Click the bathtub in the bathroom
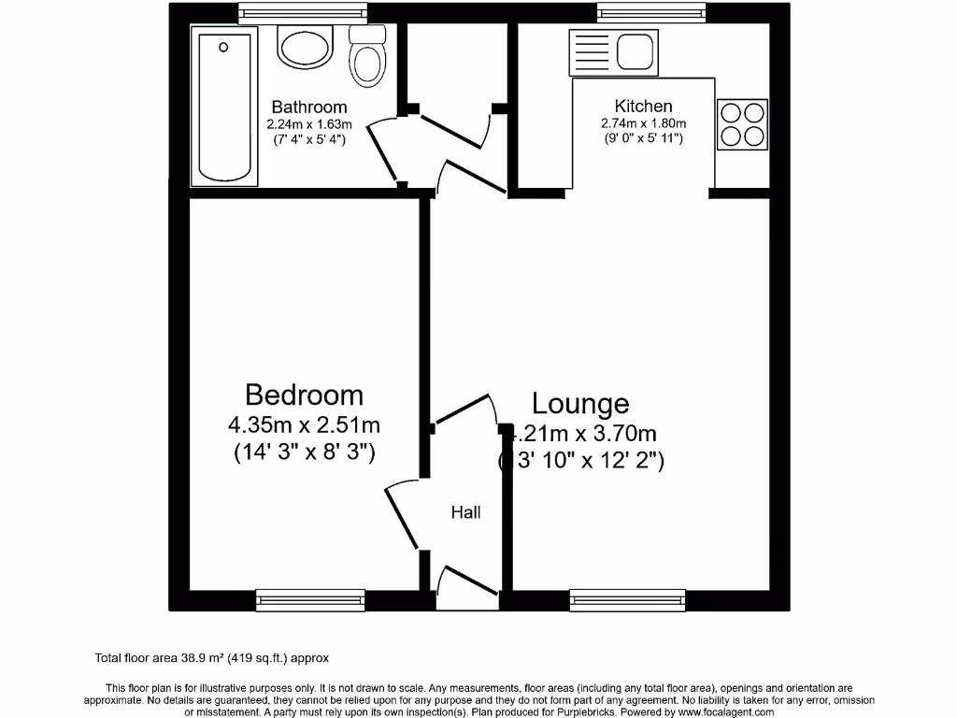coord(224,106)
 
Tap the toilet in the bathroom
coord(367,54)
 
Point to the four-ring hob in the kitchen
coord(742,124)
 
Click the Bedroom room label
coord(304,394)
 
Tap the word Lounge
coord(580,404)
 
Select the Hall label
coord(466,512)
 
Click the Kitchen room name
coord(643,107)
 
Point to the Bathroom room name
coord(308,108)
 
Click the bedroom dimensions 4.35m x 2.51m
coord(304,425)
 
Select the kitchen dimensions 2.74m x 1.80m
coord(643,123)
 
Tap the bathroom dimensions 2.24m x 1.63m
coord(308,124)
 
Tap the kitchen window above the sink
coord(650,12)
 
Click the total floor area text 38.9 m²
coord(212,658)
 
